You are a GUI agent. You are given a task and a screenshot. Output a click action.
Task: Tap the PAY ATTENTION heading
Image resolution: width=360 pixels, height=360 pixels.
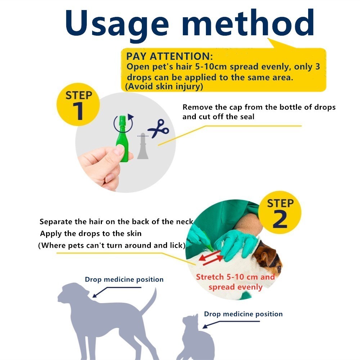(170, 56)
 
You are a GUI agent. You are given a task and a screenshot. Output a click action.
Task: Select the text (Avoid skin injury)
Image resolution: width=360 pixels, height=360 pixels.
(164, 86)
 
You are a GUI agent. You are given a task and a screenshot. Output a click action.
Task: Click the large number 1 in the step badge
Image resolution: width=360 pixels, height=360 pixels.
(78, 111)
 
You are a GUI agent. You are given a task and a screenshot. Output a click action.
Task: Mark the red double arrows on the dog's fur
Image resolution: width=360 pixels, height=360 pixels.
(211, 258)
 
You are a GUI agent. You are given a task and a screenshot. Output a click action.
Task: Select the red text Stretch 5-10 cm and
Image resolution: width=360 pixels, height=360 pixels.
(235, 277)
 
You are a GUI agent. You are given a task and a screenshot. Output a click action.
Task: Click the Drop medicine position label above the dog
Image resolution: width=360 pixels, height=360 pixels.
(124, 279)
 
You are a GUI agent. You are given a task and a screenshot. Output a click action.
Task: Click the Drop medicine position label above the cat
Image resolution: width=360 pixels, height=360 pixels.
(243, 314)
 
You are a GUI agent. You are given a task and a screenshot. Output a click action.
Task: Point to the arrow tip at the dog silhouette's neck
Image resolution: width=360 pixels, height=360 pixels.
(93, 297)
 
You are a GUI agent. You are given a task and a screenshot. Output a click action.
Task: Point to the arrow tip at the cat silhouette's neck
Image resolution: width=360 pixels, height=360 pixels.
(203, 328)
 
